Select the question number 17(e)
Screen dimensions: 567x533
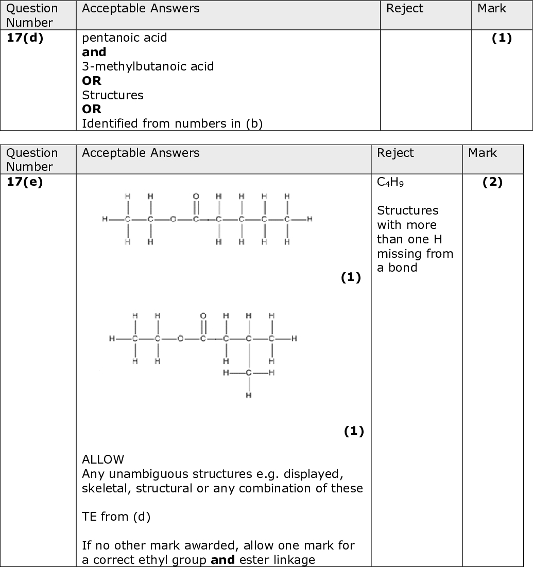coord(25,183)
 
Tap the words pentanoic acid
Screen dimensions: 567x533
coord(125,38)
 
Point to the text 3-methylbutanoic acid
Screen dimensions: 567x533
coord(148,66)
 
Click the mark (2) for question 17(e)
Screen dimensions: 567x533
coord(492,183)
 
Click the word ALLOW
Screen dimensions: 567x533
coord(103,459)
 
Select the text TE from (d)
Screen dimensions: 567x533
coord(116,517)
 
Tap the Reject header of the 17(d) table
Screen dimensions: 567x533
coord(405,9)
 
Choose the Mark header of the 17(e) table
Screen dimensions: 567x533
coord(483,153)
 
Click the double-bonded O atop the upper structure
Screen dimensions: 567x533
coord(196,197)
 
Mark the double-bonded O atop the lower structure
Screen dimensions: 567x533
coord(203,315)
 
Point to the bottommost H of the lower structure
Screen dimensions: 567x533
coord(248,395)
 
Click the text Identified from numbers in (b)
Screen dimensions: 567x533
coord(172,124)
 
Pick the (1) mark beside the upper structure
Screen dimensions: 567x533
coord(351,278)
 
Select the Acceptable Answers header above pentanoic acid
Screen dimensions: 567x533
coord(141,9)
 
